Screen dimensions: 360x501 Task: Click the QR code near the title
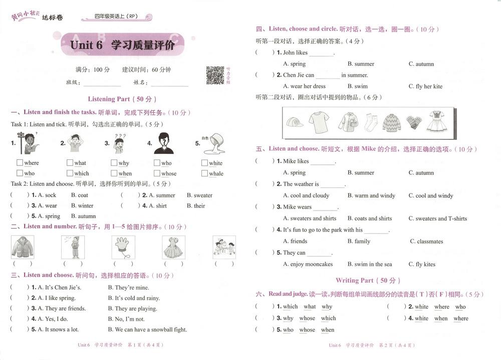coord(215,75)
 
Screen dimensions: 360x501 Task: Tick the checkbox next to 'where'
coord(20,162)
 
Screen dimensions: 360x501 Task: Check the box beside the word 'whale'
coord(204,173)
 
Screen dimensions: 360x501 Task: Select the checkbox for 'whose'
coord(157,173)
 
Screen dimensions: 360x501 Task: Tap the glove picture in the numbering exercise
coord(122,247)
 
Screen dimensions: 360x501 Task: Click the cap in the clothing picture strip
coord(295,122)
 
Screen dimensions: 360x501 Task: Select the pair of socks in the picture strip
coord(371,122)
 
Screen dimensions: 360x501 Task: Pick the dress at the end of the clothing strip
coord(437,122)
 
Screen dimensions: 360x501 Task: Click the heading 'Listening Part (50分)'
coord(122,99)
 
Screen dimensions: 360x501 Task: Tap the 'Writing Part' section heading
coord(368,280)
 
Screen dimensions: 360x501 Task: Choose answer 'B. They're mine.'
coord(132,287)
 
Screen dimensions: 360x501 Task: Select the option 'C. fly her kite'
coord(425,86)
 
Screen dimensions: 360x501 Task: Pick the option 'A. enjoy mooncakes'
coord(308,264)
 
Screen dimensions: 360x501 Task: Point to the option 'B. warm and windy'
coord(371,196)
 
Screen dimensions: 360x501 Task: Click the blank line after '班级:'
coord(102,83)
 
